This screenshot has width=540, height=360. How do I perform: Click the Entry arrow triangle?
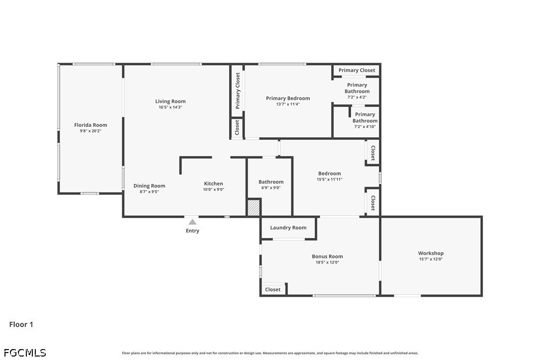point(192,222)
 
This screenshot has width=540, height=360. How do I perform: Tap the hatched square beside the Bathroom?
point(254,207)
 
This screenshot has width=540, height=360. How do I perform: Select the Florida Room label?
point(90,125)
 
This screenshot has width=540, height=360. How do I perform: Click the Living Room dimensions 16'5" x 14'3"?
point(171,107)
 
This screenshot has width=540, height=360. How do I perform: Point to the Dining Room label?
point(150,185)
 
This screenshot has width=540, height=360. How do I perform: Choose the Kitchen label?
point(213,183)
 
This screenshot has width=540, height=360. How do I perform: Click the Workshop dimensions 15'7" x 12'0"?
point(431,259)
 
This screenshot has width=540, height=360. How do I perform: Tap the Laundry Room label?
point(288,227)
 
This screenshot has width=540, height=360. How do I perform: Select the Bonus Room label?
point(328,256)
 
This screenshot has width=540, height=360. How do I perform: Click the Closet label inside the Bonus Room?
point(273,289)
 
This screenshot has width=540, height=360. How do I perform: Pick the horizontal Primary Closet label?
point(357,70)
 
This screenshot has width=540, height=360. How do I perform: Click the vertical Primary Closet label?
point(237,90)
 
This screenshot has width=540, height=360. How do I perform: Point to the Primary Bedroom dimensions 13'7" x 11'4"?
point(288,104)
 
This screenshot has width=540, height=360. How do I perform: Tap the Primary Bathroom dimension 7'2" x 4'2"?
point(357,97)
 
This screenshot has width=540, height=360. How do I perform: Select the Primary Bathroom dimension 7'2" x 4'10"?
point(365,126)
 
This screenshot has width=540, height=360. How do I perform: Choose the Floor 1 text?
point(21,324)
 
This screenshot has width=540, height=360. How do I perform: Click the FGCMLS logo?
point(25,353)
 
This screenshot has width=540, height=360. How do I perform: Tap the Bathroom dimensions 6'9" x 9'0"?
point(271,188)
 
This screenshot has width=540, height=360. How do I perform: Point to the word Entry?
point(192,231)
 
